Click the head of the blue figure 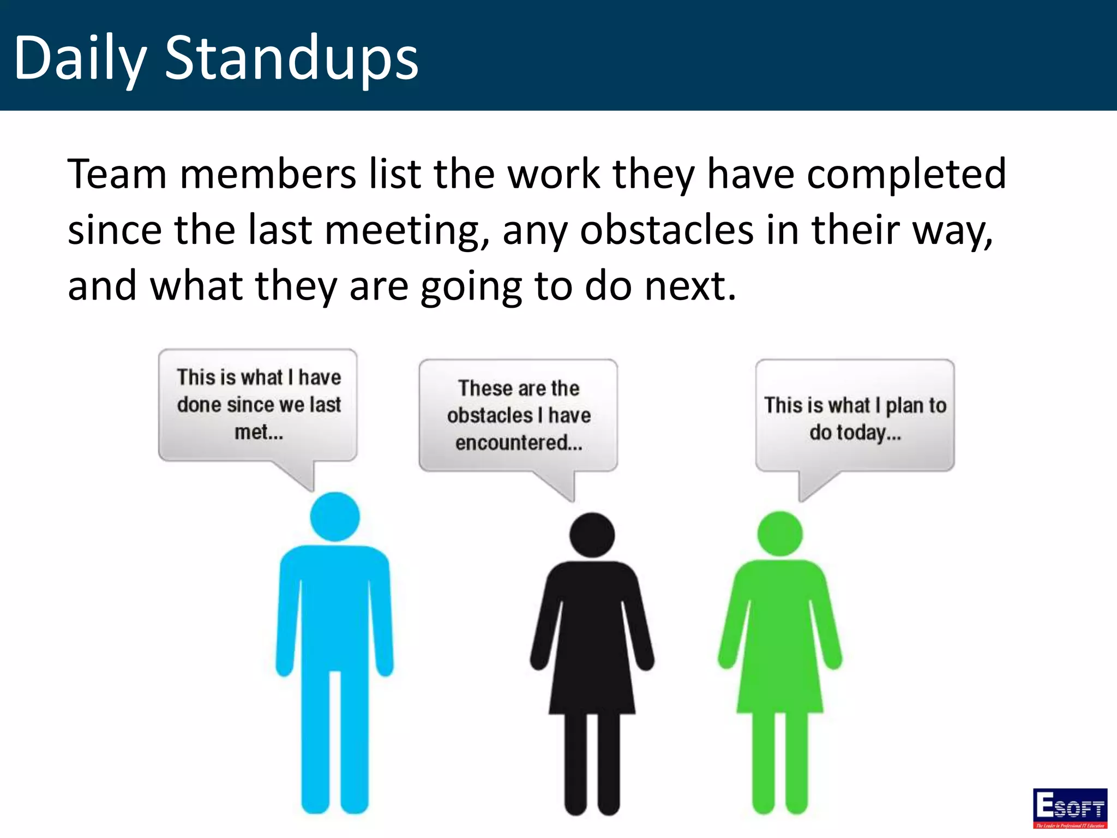point(335,517)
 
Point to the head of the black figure point(592,535)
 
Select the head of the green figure point(780,534)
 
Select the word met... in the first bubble point(259,432)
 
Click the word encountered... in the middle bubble point(519,442)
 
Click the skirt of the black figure point(592,682)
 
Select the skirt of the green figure point(780,682)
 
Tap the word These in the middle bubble point(485,388)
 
